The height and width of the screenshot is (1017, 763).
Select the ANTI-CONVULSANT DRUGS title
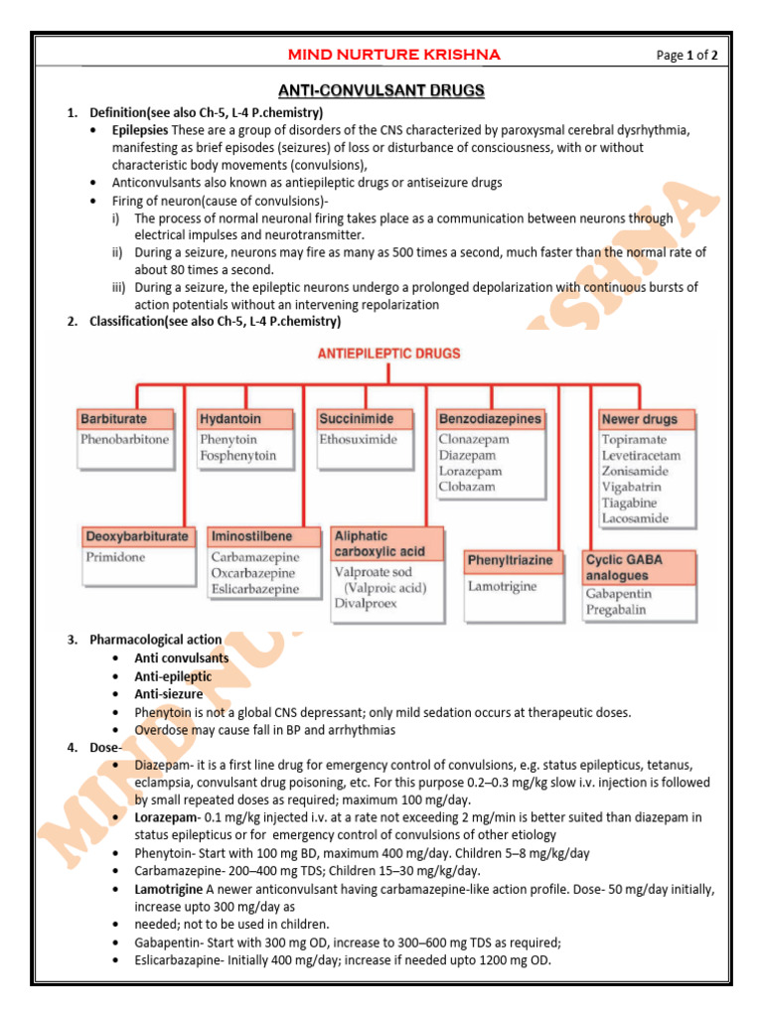coord(381,91)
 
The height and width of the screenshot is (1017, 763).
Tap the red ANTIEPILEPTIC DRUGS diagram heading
coord(388,353)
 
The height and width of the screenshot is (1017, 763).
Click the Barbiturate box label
coord(113,419)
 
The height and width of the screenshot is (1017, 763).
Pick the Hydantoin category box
coord(230,419)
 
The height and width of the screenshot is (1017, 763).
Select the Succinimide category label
coord(357,419)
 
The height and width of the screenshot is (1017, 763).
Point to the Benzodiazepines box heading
coord(490,419)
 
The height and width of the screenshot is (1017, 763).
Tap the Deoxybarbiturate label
coord(136,536)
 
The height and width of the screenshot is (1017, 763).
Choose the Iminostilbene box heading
coord(251,536)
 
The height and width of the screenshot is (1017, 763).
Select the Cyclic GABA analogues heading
coord(624,568)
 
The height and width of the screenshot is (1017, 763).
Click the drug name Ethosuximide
coord(359,439)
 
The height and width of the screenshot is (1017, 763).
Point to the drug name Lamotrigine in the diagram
coord(503,586)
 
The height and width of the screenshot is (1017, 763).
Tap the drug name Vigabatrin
coord(631,487)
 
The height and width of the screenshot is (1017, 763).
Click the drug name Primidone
coord(115,557)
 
